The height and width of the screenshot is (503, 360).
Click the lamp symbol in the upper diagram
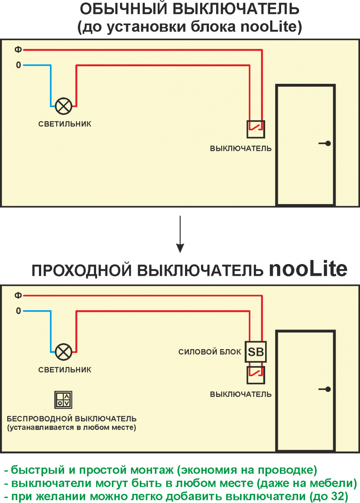point(64,106)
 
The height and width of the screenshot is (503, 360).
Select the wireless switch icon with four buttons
point(64,399)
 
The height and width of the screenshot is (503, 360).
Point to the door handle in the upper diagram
point(325,143)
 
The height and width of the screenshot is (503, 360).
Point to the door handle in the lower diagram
point(325,389)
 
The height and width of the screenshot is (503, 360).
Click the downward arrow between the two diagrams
point(180,235)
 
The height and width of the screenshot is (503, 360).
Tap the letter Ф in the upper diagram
point(18,50)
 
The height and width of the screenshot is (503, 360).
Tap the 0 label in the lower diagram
point(18,311)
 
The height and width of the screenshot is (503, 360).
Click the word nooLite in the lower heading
point(308,270)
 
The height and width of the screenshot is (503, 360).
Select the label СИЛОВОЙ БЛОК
point(209,352)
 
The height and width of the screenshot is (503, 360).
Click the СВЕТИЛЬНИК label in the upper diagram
point(65,124)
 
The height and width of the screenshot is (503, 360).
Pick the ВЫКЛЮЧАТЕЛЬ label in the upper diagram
point(241,148)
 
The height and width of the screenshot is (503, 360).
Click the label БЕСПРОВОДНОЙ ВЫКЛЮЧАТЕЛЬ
point(72,419)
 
